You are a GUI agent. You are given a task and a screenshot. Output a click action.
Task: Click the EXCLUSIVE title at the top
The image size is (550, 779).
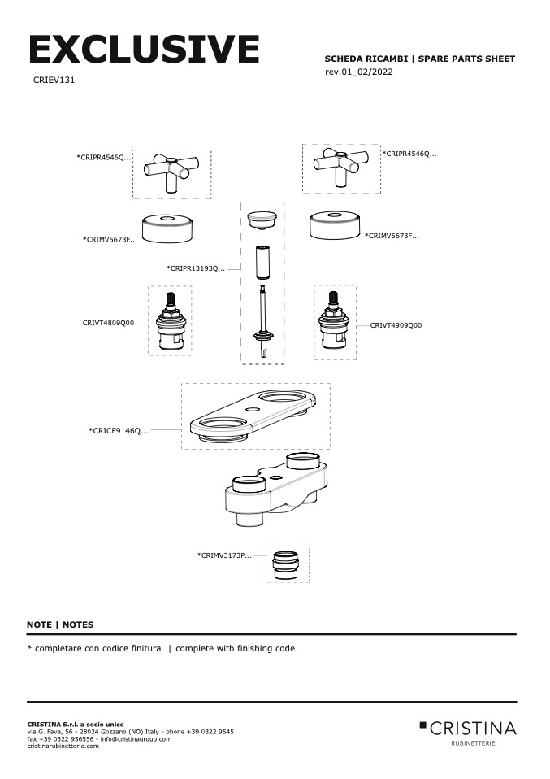(x=144, y=50)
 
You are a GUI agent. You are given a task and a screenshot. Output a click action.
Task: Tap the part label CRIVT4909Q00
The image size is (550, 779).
(x=396, y=325)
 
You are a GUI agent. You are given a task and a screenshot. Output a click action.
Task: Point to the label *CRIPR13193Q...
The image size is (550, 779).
(x=196, y=268)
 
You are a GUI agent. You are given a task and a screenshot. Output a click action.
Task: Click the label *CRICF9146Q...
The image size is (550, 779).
(x=119, y=430)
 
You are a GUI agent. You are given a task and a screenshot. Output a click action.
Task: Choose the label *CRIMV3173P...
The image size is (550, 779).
(x=224, y=555)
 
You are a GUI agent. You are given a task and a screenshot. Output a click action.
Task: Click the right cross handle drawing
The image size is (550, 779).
(x=340, y=168)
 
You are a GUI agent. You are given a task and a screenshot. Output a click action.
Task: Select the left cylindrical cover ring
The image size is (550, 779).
(x=166, y=227)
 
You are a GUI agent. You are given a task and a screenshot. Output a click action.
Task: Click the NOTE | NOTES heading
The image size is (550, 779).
(x=60, y=625)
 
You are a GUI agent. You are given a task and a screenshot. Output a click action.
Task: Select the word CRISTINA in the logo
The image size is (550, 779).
(x=473, y=727)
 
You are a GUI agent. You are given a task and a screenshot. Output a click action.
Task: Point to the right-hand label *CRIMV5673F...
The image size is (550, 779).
(x=392, y=236)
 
